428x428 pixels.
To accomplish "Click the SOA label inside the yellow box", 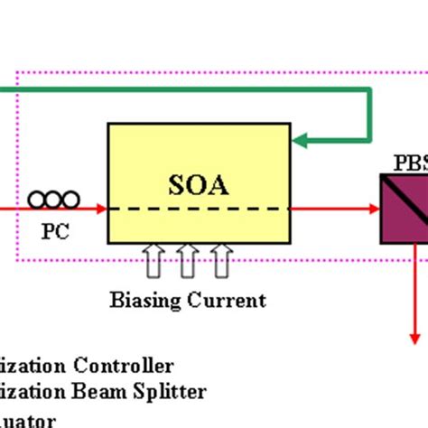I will click(x=199, y=185).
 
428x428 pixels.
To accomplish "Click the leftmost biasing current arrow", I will click(x=153, y=263).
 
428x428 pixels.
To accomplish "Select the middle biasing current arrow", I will click(x=187, y=263).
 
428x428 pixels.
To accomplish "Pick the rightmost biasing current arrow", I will click(x=221, y=263).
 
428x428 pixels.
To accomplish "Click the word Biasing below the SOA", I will click(x=145, y=301).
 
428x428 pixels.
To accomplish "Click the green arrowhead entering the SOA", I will click(x=301, y=140).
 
